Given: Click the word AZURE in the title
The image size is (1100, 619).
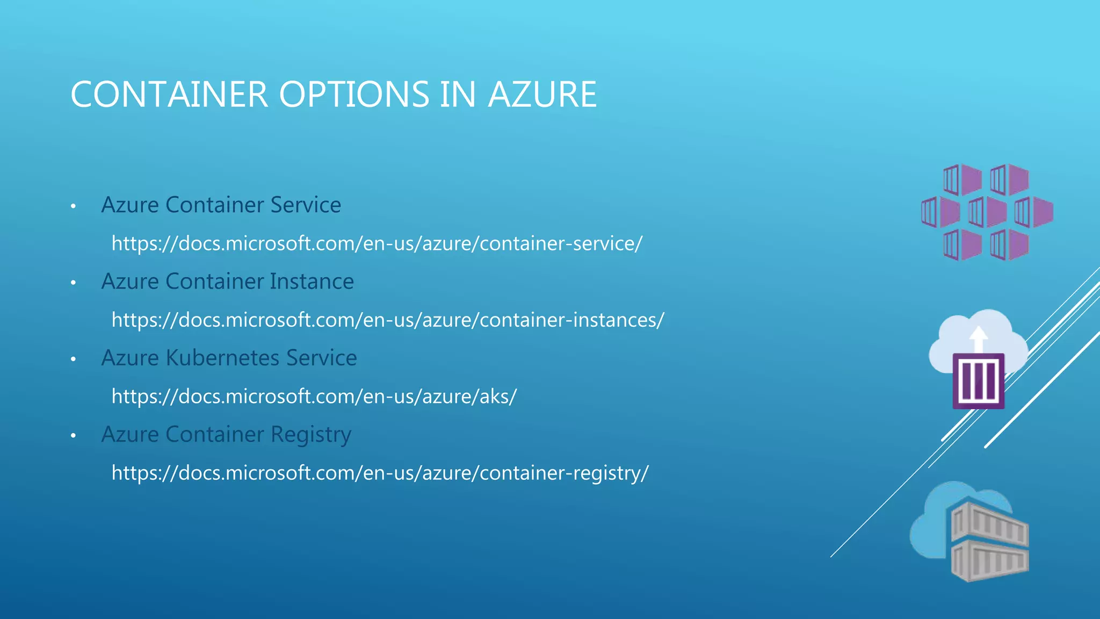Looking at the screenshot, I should (542, 95).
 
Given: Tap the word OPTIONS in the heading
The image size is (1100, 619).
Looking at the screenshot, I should (354, 95).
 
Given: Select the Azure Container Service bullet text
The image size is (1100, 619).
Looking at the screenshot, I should (221, 205).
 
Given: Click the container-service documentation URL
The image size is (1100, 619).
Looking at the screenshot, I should (377, 243).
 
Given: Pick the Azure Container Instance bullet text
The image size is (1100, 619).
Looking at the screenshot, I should (227, 281).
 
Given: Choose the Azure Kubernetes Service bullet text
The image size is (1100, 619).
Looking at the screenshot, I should (229, 358).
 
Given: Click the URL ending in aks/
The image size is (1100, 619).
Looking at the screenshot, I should (314, 397).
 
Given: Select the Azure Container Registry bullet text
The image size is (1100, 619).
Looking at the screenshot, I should (226, 434).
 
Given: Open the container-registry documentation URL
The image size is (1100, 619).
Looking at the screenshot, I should (380, 473).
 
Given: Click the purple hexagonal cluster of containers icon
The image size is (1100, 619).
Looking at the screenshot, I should (987, 212).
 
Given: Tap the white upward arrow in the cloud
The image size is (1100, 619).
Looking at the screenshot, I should (979, 339).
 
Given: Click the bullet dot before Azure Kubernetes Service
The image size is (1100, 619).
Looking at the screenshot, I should (74, 359).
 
